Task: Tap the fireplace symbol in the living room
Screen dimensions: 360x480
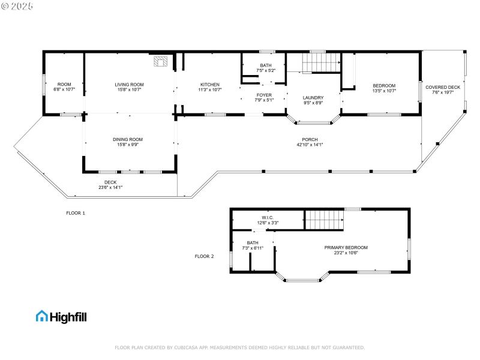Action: coord(160,61)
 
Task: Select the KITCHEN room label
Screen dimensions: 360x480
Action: coord(209,85)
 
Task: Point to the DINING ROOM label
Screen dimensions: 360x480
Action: coord(128,139)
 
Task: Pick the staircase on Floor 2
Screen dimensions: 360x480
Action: coord(325,220)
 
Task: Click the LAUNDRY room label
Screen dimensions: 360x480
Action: coord(313,97)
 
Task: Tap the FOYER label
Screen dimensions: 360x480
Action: coord(264,95)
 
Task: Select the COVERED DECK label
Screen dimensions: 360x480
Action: coord(443,88)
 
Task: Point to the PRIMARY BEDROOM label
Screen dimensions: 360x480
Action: coord(346,247)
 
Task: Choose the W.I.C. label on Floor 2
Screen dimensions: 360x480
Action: coord(268,217)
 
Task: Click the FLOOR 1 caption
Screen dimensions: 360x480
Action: coord(76,213)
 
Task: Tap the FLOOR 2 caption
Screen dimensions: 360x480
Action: coord(204,256)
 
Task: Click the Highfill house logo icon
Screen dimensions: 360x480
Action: coord(42,316)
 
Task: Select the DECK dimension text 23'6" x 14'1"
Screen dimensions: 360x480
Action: coord(110,187)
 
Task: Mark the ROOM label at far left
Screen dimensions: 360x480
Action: coord(64,85)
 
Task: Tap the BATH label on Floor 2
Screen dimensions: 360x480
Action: coord(253,242)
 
